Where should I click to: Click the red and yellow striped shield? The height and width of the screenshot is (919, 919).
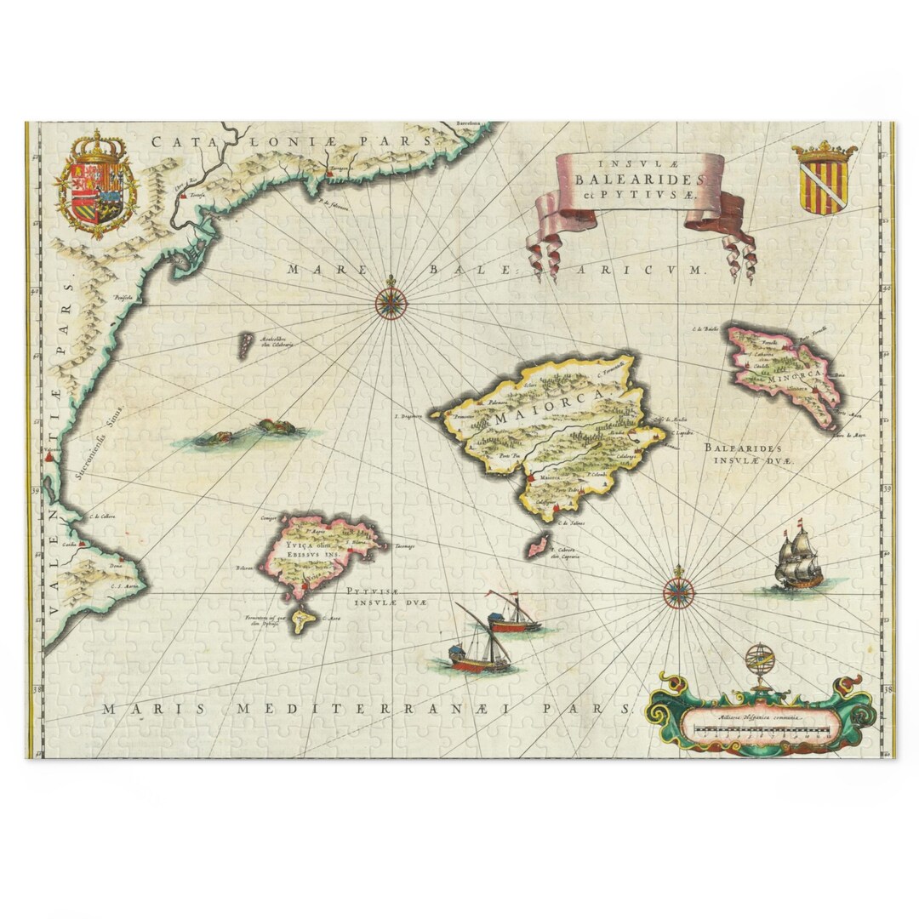click(x=824, y=179)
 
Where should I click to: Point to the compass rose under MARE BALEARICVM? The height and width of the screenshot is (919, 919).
click(x=391, y=303)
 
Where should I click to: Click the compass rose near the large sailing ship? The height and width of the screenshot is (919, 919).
click(x=678, y=591)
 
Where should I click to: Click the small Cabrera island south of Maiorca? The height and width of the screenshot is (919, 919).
click(x=537, y=545)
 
